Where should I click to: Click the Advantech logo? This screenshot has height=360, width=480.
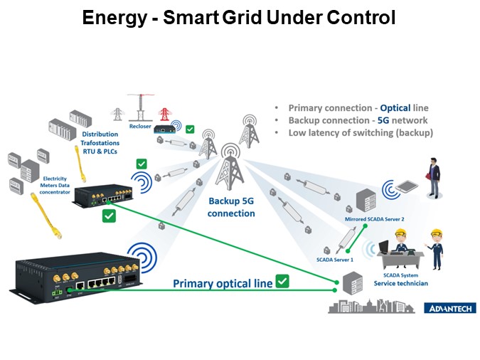point(450,308)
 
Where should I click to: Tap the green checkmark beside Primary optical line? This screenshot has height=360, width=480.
point(282,282)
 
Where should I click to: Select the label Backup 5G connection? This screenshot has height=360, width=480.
point(231,207)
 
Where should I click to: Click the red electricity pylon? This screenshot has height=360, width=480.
point(164,115)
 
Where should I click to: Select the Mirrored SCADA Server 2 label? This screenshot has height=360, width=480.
point(375,219)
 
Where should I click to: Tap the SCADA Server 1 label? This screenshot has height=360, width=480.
point(335,260)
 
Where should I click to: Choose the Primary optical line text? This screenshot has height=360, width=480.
point(223,283)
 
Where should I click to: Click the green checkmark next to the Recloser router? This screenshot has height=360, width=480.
point(189,129)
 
